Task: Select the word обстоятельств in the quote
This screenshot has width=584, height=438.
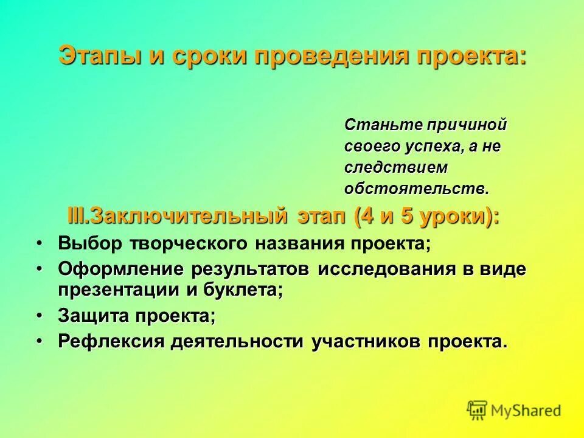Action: pos(415,188)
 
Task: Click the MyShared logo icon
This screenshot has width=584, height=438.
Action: pos(478,410)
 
